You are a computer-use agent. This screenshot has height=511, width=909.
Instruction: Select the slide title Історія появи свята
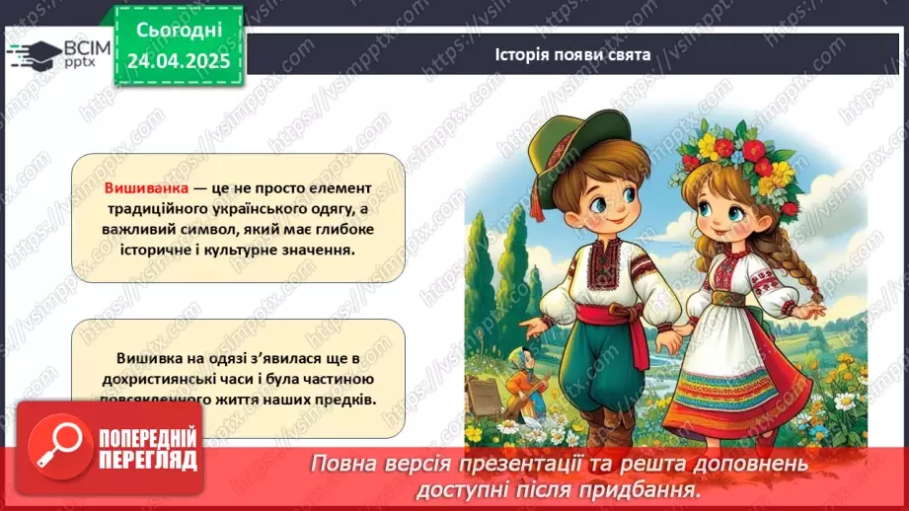[x=572, y=54]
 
